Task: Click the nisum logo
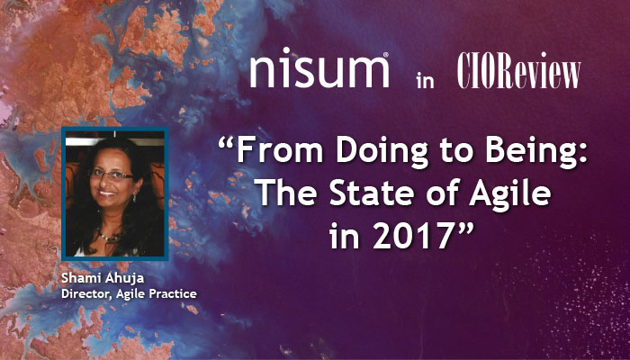coord(319,69)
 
